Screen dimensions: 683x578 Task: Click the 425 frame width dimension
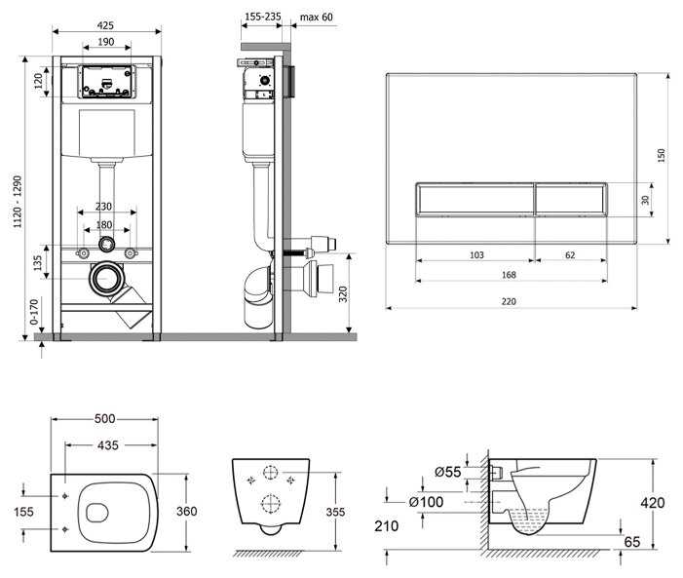click(105, 25)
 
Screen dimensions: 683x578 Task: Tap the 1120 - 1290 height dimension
click(18, 202)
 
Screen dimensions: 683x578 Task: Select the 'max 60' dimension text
click(317, 17)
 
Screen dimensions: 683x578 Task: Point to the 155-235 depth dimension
click(263, 17)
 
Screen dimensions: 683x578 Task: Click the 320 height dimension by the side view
click(343, 294)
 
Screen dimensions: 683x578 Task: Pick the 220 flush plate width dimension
click(509, 301)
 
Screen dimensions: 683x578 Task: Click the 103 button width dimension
click(477, 255)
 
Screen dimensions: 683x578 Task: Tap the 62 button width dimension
click(570, 255)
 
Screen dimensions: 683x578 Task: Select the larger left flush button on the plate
click(474, 199)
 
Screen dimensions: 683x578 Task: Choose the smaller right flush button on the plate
click(571, 199)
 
